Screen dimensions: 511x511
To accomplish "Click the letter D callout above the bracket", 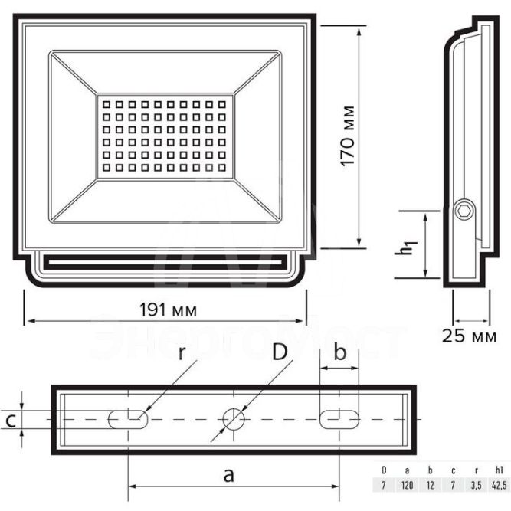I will click(280, 353).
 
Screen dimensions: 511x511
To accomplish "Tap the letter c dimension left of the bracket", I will click(10, 419).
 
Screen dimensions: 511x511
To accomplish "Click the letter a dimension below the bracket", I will click(228, 474).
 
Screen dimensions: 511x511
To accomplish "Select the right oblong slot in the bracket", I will click(339, 418).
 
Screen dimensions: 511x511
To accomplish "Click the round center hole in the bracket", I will click(233, 418).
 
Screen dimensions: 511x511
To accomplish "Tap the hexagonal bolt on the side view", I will click(464, 211).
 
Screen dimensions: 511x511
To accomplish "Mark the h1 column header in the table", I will click(498, 470).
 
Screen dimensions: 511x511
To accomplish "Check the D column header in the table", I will click(384, 470).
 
